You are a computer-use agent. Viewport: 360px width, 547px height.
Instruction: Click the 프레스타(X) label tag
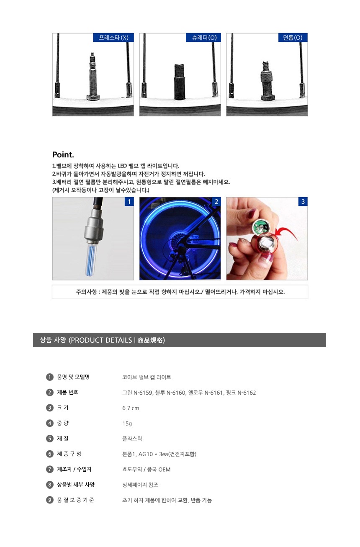tap(113, 38)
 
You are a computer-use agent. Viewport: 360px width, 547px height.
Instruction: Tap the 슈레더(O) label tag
tap(203, 38)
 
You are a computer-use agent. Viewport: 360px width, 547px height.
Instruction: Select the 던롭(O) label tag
tap(293, 38)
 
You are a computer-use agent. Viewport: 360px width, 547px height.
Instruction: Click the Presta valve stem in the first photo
tap(93, 76)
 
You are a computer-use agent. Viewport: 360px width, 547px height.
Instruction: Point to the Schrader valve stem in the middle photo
tap(180, 82)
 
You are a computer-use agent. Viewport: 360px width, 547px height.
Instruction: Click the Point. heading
tap(63, 154)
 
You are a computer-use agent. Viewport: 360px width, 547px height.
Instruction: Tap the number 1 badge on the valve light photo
tap(129, 202)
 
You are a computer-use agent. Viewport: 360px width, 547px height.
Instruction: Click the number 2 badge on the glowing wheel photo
tap(216, 202)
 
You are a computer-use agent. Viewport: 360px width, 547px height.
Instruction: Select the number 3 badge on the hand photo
tap(303, 202)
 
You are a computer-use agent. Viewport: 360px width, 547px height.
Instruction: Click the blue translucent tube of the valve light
tap(91, 259)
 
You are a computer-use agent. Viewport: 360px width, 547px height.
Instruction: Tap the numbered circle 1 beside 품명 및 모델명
tap(49, 377)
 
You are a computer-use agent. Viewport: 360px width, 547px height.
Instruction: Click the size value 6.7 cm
tap(131, 408)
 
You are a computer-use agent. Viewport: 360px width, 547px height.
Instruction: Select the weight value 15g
tap(127, 424)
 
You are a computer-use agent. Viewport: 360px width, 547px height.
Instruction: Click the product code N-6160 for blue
tap(176, 393)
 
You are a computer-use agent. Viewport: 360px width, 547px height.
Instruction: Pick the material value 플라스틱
tap(132, 439)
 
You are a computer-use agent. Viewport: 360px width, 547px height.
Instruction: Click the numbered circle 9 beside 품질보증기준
tap(49, 500)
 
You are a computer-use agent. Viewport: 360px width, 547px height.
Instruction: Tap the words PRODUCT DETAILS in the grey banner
tap(101, 340)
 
